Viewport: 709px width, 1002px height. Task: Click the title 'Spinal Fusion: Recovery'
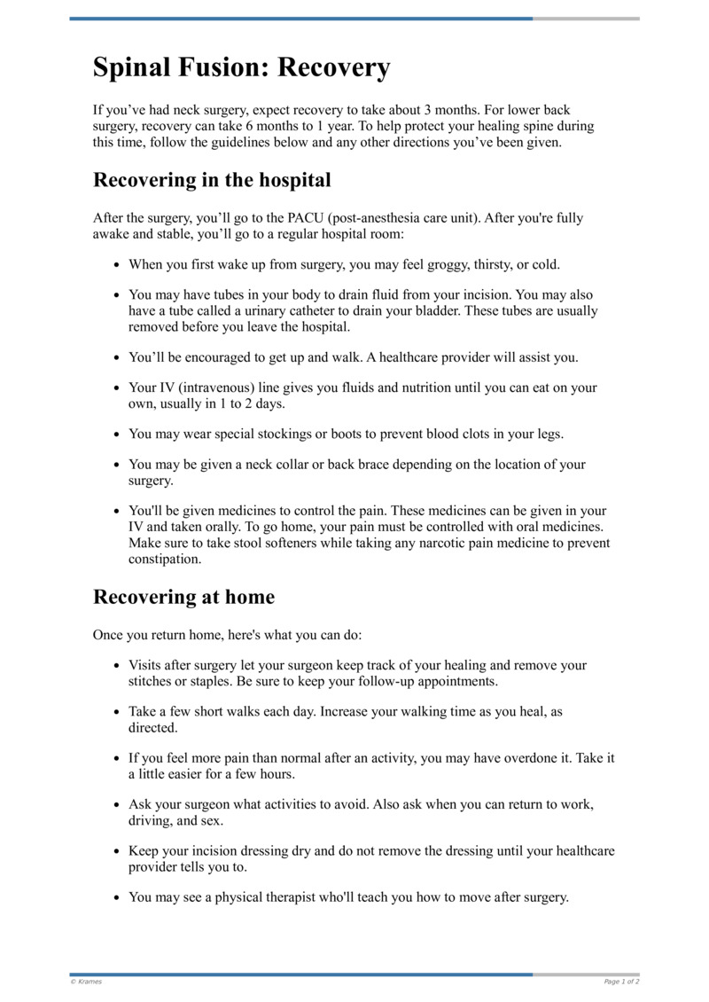tap(241, 67)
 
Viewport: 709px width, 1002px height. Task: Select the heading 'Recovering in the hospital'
tap(212, 180)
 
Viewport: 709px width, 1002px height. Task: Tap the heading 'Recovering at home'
tap(183, 597)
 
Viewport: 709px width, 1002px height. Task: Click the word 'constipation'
tap(165, 560)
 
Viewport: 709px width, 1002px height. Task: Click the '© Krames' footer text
tap(86, 982)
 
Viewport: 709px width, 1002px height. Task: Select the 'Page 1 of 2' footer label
tap(621, 982)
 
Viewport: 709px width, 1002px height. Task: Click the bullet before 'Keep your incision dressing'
tap(117, 851)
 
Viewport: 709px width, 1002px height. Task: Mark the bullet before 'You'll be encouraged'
tap(117, 358)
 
